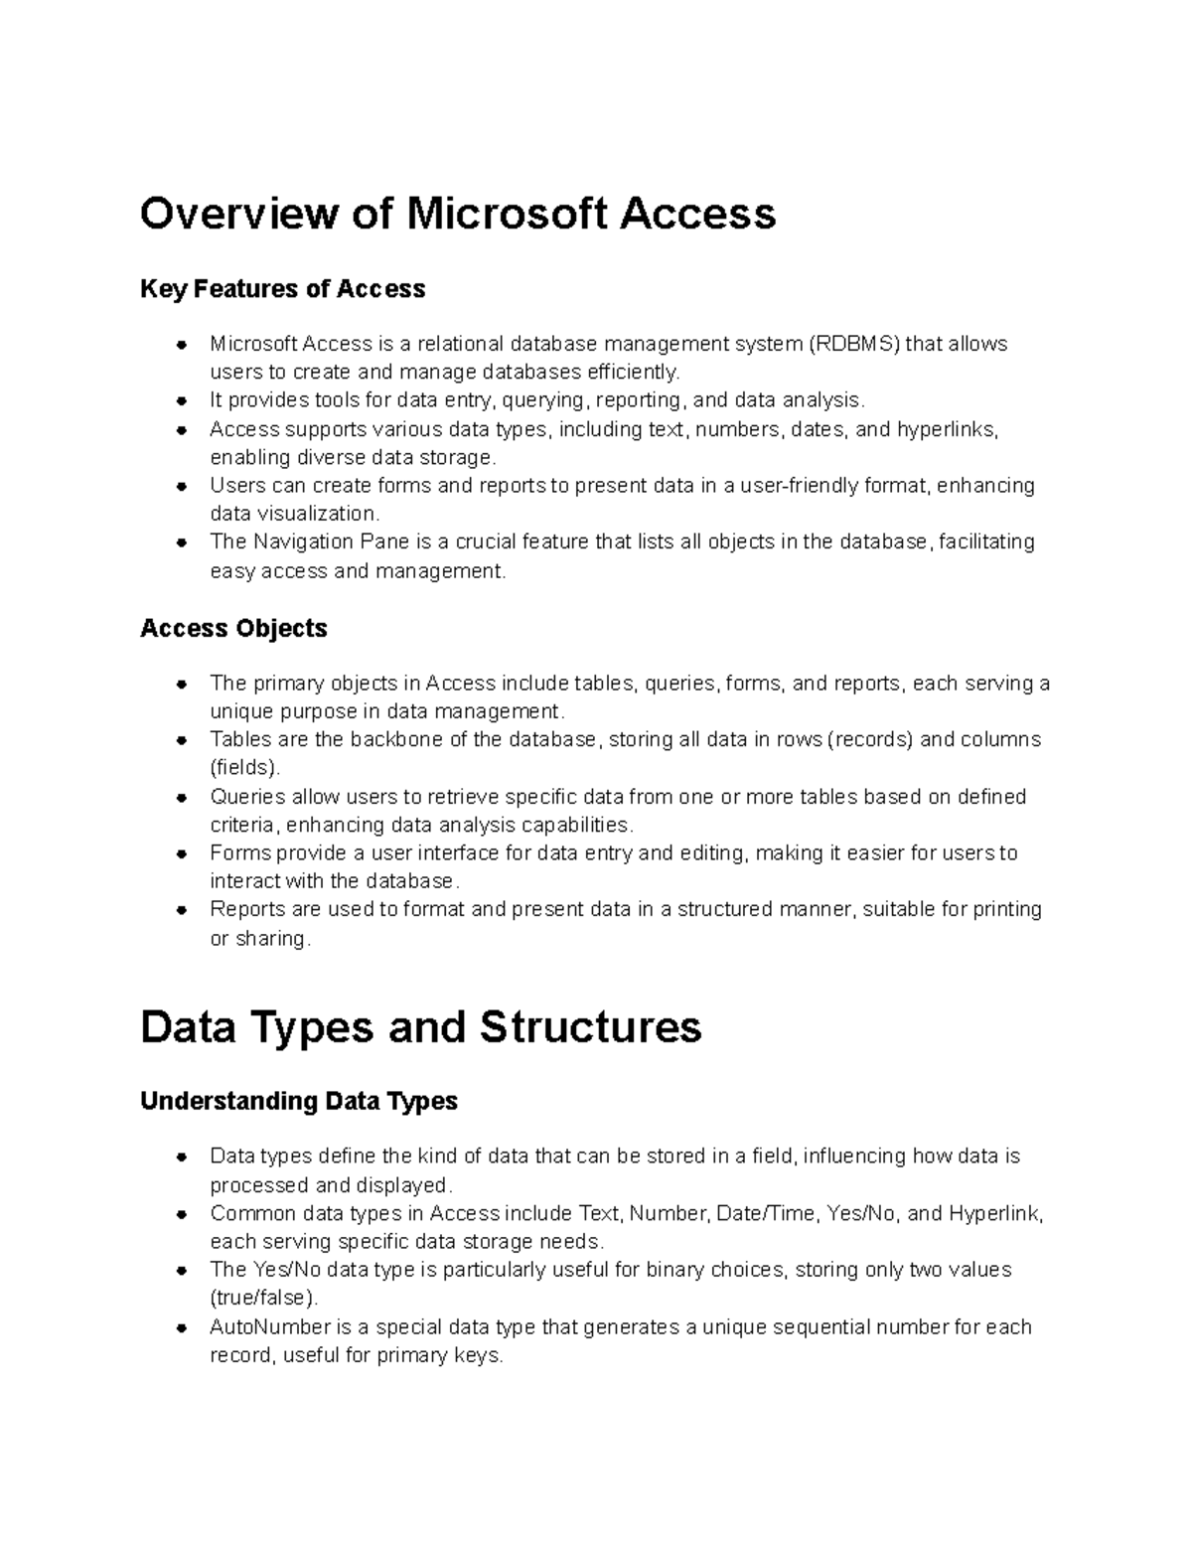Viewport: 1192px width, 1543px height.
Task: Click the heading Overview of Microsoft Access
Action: (x=457, y=214)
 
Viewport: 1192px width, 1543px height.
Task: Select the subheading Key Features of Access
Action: (x=283, y=289)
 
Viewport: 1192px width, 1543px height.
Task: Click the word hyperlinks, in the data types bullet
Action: (x=948, y=429)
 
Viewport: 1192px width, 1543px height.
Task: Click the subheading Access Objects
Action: (x=234, y=628)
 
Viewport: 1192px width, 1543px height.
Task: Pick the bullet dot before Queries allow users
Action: (x=181, y=797)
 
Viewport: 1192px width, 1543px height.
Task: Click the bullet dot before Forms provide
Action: (x=181, y=853)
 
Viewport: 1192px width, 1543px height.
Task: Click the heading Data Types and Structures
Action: (x=421, y=1026)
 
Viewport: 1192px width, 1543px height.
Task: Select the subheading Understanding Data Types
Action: (x=299, y=1101)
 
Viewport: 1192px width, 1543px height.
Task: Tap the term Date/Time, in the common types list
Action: (x=778, y=1213)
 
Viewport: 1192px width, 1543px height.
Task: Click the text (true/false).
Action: (x=264, y=1298)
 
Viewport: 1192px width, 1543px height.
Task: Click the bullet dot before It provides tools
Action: (x=181, y=400)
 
